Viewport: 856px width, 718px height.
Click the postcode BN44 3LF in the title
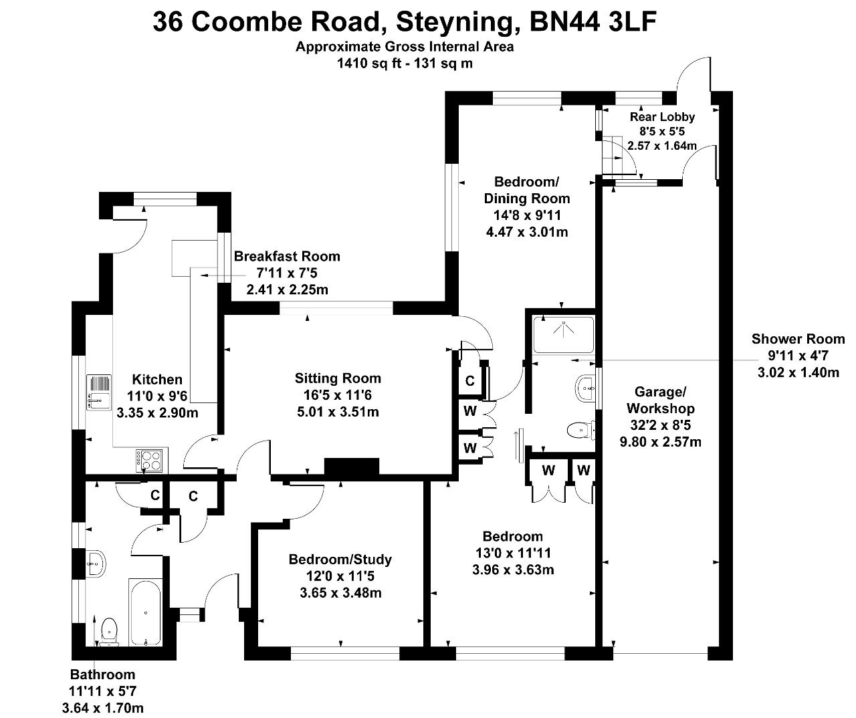click(593, 21)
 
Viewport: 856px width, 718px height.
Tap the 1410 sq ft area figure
click(369, 64)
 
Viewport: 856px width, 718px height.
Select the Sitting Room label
click(338, 378)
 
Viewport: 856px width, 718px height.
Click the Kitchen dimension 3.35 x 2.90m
click(157, 412)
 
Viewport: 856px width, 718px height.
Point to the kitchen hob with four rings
click(150, 459)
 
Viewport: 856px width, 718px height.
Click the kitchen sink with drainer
click(98, 392)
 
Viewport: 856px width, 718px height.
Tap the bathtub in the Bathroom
click(146, 612)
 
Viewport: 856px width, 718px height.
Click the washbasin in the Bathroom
click(95, 564)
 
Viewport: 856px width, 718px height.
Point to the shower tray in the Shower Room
click(563, 334)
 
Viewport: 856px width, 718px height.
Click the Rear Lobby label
click(662, 117)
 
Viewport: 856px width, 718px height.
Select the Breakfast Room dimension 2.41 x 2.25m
click(287, 289)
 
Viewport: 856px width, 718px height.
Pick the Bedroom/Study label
click(340, 560)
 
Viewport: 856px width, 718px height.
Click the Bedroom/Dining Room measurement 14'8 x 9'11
click(527, 215)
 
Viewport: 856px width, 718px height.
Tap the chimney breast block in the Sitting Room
click(352, 467)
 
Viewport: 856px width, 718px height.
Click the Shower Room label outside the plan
click(798, 339)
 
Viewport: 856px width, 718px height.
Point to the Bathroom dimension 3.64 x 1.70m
click(103, 708)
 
